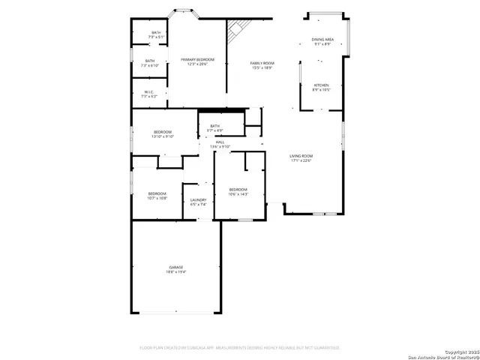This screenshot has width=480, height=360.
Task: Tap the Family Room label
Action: click(x=262, y=63)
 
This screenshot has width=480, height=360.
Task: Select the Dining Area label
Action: click(x=323, y=39)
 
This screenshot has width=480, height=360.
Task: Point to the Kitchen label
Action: click(x=321, y=85)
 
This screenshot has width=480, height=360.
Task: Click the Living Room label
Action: click(x=301, y=156)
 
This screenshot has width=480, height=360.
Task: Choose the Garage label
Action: click(x=175, y=267)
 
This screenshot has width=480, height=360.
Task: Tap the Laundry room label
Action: click(x=198, y=199)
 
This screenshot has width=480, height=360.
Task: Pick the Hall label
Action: click(x=220, y=142)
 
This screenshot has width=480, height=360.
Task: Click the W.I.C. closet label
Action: click(x=149, y=92)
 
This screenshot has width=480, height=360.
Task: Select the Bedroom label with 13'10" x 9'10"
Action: click(x=163, y=132)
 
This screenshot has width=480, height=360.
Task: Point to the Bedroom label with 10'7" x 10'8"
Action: click(x=157, y=193)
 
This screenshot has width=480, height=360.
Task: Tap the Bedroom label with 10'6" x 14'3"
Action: click(x=238, y=189)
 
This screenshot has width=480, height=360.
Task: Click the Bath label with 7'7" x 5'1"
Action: click(x=156, y=32)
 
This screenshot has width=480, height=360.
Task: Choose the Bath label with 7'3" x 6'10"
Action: click(x=150, y=61)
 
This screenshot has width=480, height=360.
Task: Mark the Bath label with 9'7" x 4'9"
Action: click(x=215, y=126)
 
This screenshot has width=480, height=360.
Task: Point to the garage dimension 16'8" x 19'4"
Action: click(x=175, y=271)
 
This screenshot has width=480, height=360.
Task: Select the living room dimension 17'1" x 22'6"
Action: click(x=301, y=160)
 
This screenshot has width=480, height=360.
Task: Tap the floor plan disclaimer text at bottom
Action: click(x=240, y=348)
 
